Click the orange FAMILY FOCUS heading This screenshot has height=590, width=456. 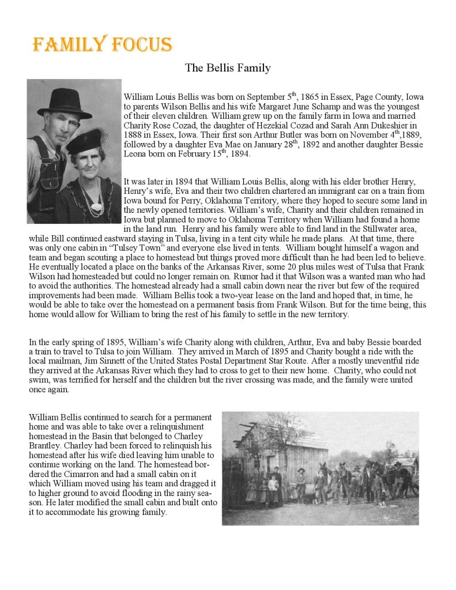103,44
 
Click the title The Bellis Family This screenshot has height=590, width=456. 228,68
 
